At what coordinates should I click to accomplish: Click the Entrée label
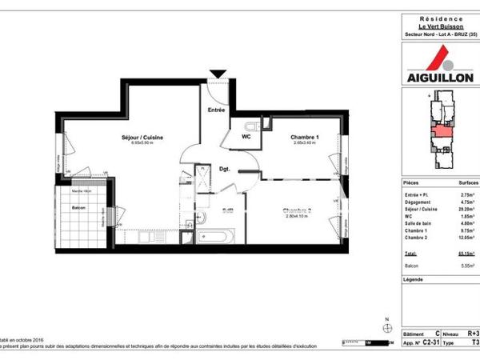click(216, 110)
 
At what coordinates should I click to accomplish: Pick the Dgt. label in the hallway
click(226, 170)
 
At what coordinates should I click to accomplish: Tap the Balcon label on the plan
click(79, 208)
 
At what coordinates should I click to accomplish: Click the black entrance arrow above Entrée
click(217, 74)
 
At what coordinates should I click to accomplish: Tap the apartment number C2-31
click(433, 341)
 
